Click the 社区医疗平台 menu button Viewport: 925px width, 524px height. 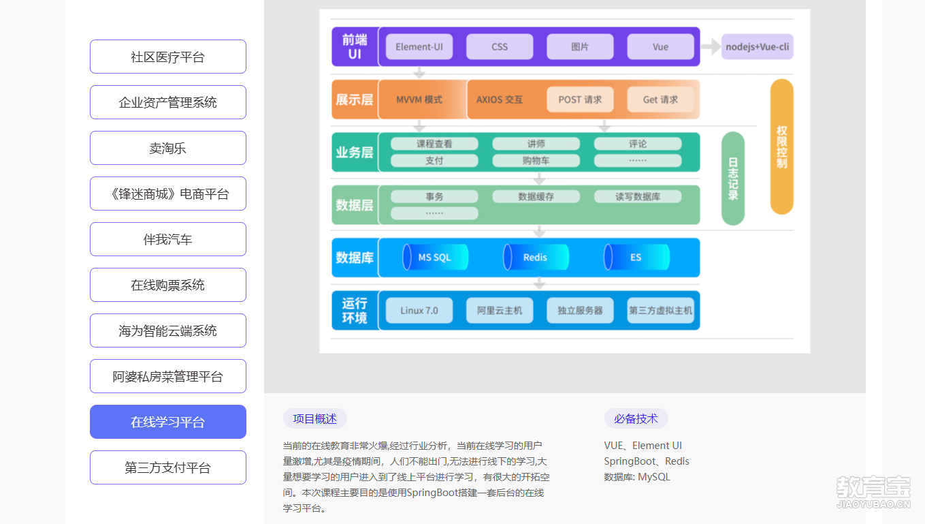167,57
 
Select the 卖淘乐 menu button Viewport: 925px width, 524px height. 167,148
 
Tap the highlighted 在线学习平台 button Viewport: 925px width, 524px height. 167,422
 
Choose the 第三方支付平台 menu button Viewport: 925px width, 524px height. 167,467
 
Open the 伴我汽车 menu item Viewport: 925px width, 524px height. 167,239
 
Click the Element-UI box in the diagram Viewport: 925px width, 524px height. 419,47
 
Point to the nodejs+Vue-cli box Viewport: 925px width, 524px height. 757,47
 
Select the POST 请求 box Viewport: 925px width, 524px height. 580,99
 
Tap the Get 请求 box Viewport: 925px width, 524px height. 660,99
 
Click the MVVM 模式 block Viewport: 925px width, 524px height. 419,99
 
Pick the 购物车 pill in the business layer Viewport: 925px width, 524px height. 536,161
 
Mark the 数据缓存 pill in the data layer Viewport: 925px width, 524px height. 536,196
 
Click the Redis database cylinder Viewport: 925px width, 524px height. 536,258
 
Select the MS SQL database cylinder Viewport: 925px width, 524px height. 435,258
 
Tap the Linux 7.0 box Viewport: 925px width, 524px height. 419,310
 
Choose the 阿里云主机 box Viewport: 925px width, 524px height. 500,310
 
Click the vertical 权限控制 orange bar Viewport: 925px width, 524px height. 781,147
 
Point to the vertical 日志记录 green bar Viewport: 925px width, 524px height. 732,179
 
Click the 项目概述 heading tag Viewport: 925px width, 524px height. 314,418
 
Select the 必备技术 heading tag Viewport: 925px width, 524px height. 636,418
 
